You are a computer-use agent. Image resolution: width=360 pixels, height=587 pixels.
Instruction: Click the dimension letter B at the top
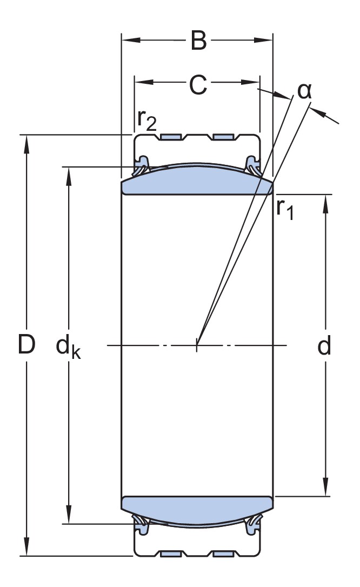(x=198, y=41)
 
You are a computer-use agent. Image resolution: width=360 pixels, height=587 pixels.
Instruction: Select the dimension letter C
(x=198, y=84)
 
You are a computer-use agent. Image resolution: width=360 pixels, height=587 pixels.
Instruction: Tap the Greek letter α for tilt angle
(x=305, y=91)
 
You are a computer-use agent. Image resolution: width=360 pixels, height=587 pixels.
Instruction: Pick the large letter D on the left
(x=26, y=345)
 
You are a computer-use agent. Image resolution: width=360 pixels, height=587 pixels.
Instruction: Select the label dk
(x=69, y=346)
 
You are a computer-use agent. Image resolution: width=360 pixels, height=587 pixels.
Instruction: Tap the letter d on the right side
(x=324, y=346)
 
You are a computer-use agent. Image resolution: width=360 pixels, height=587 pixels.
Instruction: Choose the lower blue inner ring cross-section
(x=197, y=508)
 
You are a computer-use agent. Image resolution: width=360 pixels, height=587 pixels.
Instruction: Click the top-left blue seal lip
(x=142, y=165)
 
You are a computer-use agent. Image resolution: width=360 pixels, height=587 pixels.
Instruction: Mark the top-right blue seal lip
(x=252, y=165)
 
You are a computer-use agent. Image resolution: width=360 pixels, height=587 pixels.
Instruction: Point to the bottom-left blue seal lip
(x=142, y=523)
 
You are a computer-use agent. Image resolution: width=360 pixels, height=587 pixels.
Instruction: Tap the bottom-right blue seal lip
(x=253, y=523)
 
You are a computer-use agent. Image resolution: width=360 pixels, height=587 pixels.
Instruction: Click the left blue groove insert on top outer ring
(x=171, y=136)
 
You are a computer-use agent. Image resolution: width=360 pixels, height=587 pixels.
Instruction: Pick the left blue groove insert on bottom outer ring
(x=171, y=554)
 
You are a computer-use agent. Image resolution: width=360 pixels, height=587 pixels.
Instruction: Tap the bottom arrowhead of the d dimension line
(x=326, y=489)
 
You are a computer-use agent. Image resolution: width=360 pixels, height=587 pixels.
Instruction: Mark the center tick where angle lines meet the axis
(x=197, y=345)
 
